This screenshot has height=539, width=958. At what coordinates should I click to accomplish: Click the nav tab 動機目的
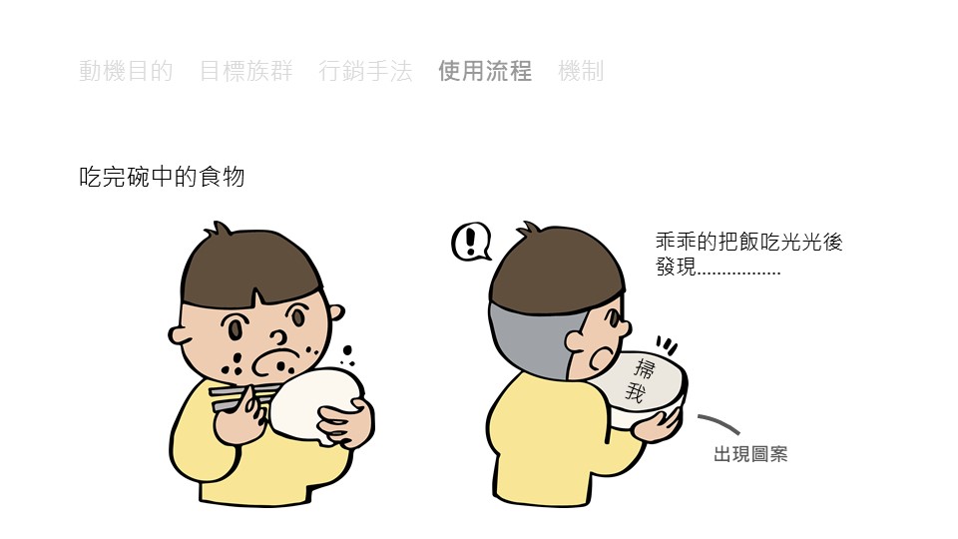126,71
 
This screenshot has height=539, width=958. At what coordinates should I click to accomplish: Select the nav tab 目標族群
246,71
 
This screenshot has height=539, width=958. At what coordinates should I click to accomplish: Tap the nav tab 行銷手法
365,71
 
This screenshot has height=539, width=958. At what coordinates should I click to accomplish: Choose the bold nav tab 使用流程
485,71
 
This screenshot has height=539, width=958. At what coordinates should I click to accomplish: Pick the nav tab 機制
581,71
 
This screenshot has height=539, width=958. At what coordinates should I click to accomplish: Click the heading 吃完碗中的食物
162,177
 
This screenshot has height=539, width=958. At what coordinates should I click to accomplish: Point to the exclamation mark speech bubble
471,242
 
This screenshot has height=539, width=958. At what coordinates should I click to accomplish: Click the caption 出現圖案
750,454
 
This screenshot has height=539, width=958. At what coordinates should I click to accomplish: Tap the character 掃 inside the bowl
644,368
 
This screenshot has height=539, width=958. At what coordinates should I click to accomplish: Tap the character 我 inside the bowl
635,391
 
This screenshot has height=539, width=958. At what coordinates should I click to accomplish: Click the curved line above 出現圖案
719,421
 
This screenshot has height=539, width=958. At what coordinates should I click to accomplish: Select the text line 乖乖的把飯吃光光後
749,242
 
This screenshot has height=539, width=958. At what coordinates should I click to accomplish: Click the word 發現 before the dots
676,267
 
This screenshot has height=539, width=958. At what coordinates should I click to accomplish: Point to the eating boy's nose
278,336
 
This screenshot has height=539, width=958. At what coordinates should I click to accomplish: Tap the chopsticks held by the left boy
240,396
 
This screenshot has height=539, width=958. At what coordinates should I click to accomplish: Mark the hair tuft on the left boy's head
219,230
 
